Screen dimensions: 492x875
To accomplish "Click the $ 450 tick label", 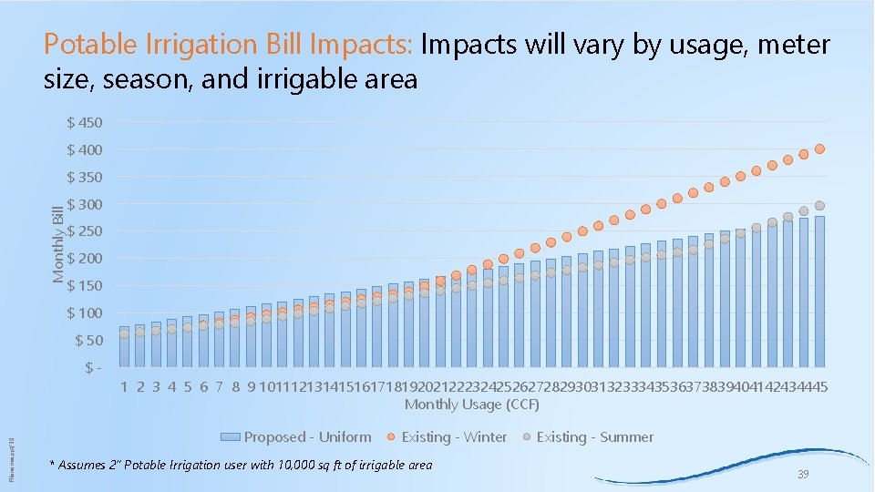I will click(x=85, y=122).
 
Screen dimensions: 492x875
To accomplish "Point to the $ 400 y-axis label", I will click(x=85, y=149).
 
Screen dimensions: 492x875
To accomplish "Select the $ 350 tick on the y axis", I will click(x=85, y=177).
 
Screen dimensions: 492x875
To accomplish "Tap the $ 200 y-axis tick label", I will click(x=85, y=259).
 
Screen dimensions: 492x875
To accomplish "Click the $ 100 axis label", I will click(x=85, y=313).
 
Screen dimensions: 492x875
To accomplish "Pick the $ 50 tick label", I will click(x=87, y=341).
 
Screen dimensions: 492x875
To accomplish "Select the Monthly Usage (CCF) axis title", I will click(x=472, y=405).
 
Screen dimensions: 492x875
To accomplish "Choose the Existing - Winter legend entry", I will click(x=444, y=437).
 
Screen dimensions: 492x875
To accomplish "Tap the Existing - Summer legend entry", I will click(x=585, y=437).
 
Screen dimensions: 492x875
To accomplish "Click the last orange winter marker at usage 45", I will click(x=820, y=149).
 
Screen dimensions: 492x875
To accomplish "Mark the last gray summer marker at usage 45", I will click(x=820, y=206).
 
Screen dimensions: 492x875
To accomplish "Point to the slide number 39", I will click(x=803, y=475).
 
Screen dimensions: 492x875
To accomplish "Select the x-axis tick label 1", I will click(x=125, y=386).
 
